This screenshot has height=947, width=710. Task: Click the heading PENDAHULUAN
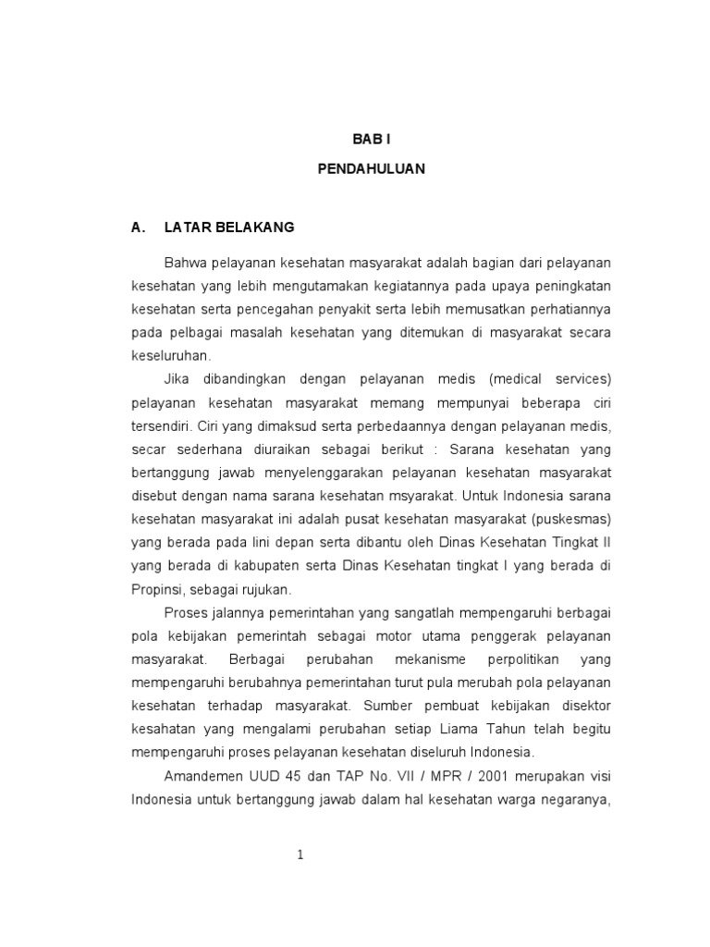[373, 170]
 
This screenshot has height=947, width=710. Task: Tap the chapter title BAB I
[373, 139]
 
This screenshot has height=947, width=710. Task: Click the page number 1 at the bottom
[300, 855]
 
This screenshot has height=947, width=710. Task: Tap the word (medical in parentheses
[520, 379]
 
